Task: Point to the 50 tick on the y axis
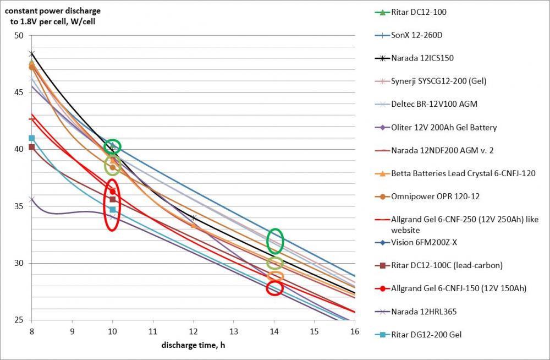point(20,35)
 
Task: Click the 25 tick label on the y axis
point(20,320)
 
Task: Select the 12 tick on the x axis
point(194,331)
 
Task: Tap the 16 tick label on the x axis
point(355,331)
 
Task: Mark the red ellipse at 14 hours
point(274,287)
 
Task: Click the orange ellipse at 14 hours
point(275,276)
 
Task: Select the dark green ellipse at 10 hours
point(112,146)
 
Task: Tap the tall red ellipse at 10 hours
point(112,205)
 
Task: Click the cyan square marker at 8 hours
point(31,138)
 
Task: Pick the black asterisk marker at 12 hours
point(194,218)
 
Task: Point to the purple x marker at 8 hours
point(31,199)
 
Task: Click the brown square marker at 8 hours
point(31,147)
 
